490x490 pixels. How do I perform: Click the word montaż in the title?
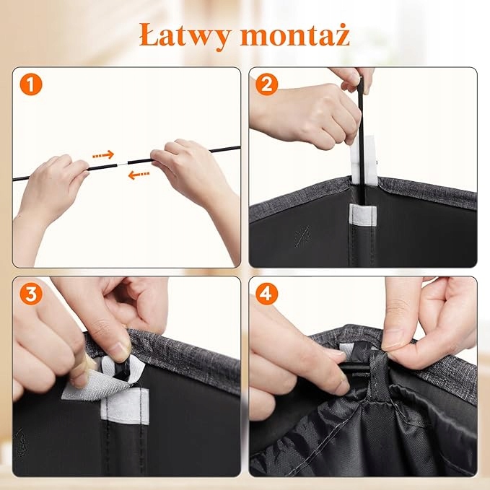click(294, 35)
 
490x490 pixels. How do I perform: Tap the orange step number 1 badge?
click(31, 84)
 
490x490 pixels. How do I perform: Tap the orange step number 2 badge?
click(266, 84)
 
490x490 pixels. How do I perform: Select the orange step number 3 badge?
click(31, 294)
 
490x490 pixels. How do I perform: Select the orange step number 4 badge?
click(266, 294)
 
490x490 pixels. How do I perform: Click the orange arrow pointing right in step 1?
click(103, 154)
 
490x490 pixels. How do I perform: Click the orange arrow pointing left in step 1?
click(139, 175)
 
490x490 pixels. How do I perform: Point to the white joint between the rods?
click(122, 163)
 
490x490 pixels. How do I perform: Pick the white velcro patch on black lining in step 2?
click(362, 214)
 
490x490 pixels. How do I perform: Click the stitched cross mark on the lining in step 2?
click(302, 236)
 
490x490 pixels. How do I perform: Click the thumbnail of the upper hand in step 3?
click(120, 349)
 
